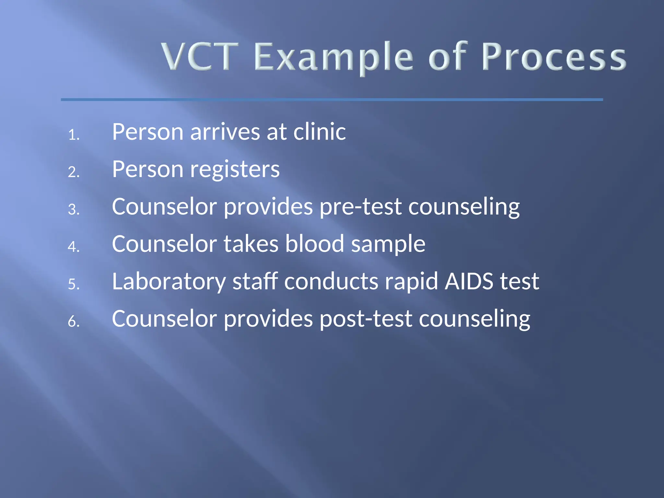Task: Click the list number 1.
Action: point(74,135)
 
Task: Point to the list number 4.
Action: point(74,247)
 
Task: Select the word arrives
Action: point(225,132)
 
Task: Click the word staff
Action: point(255,281)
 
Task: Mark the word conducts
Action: point(331,281)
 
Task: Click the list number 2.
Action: point(74,172)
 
